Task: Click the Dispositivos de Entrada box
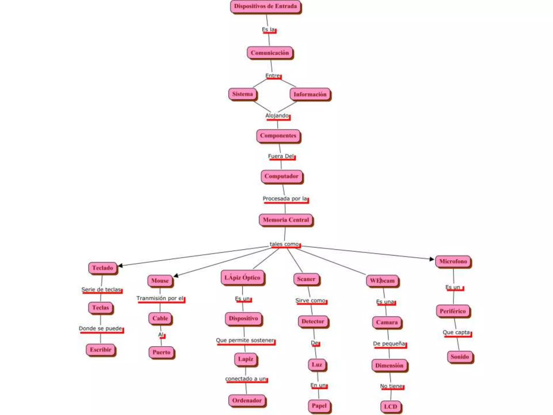point(265,6)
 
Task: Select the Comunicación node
point(270,53)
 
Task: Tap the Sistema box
point(242,94)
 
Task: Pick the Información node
point(310,95)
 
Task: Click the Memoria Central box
point(286,220)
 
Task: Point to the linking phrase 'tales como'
point(284,244)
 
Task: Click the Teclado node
point(103,268)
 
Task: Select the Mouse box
point(160,281)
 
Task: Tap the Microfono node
point(453,262)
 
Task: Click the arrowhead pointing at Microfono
point(432,259)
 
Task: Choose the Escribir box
point(100,350)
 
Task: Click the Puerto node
point(161,352)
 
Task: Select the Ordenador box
point(247,400)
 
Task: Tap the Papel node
point(319,406)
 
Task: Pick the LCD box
point(390,407)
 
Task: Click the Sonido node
point(460,357)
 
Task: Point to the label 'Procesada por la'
point(285,199)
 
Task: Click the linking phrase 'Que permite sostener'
point(245,340)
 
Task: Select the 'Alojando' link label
point(277,116)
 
